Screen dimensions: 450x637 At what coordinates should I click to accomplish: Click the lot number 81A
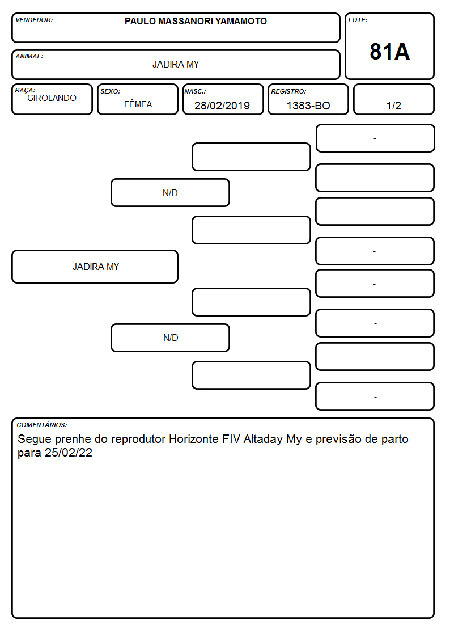point(389,52)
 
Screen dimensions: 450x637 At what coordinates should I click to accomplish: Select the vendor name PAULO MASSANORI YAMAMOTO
point(196,21)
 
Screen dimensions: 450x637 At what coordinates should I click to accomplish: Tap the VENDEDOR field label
point(34,20)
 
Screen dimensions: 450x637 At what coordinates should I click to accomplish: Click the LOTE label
point(358,20)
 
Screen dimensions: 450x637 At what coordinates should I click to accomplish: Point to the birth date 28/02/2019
point(222,106)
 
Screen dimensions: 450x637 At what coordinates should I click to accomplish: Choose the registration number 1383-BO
point(308,106)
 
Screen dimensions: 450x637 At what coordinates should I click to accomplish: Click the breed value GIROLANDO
point(52,98)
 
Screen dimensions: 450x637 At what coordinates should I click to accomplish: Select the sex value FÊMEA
point(138,104)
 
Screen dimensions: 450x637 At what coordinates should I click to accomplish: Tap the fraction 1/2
point(393,106)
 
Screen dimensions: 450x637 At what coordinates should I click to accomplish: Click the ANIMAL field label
point(29,57)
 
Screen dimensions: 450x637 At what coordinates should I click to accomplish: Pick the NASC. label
point(195,91)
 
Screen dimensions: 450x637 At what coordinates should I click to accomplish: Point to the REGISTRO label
point(288,91)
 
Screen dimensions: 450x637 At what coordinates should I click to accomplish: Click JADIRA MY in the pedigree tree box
point(96,267)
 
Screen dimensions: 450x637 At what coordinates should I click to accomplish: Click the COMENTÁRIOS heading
point(42,425)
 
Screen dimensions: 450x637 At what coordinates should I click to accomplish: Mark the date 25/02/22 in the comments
point(69,453)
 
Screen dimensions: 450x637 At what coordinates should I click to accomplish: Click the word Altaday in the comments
point(263,440)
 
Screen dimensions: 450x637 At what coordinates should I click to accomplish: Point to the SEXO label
point(111,91)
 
